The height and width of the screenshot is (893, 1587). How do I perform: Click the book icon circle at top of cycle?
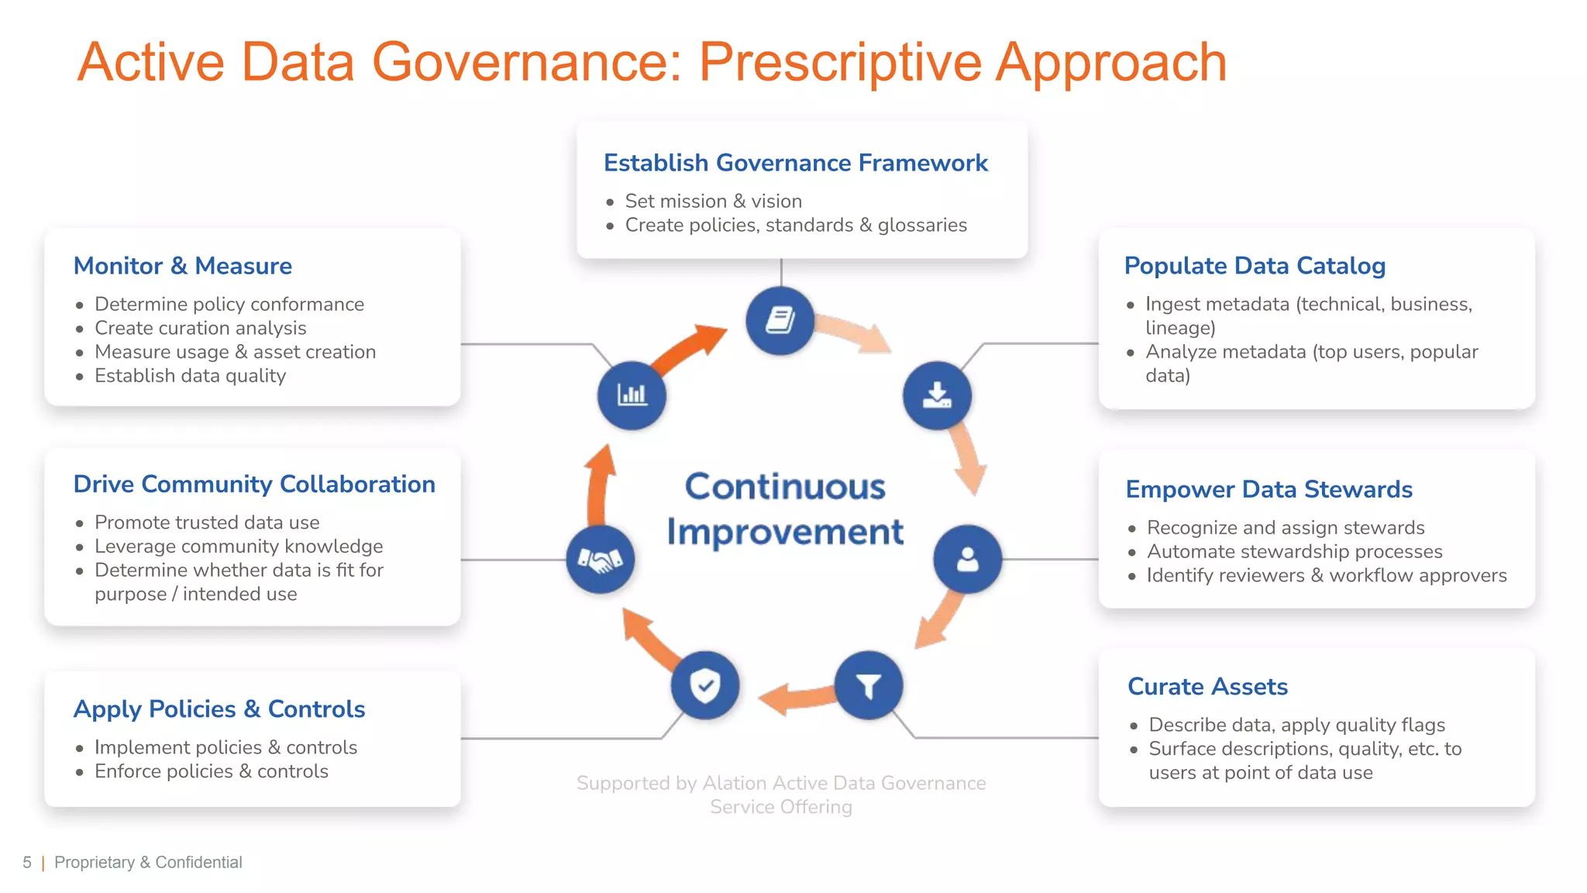point(780,320)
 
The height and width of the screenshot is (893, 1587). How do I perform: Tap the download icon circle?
point(937,395)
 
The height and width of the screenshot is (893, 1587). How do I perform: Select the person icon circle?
point(967,559)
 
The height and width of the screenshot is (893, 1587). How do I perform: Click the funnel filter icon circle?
point(868,686)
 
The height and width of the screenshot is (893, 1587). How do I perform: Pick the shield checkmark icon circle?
point(705,686)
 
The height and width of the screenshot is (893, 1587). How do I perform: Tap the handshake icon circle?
point(600,559)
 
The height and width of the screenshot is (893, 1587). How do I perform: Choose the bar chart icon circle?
point(632,395)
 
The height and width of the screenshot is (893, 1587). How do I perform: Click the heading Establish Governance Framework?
point(795,163)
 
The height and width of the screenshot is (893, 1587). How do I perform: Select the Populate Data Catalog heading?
point(1254,266)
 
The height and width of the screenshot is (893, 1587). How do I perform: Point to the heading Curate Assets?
point(1207,687)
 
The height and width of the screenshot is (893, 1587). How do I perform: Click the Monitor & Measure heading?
point(182,266)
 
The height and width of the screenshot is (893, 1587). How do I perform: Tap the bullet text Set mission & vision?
point(713,202)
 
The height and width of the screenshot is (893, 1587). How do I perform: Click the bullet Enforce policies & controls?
point(211,771)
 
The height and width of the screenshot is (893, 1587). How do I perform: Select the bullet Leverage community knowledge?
point(239,546)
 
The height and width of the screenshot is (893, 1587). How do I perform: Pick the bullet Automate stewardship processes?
point(1294,552)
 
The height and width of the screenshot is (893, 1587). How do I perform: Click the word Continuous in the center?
point(784,488)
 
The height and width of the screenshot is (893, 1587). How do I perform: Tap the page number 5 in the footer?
point(27,863)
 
